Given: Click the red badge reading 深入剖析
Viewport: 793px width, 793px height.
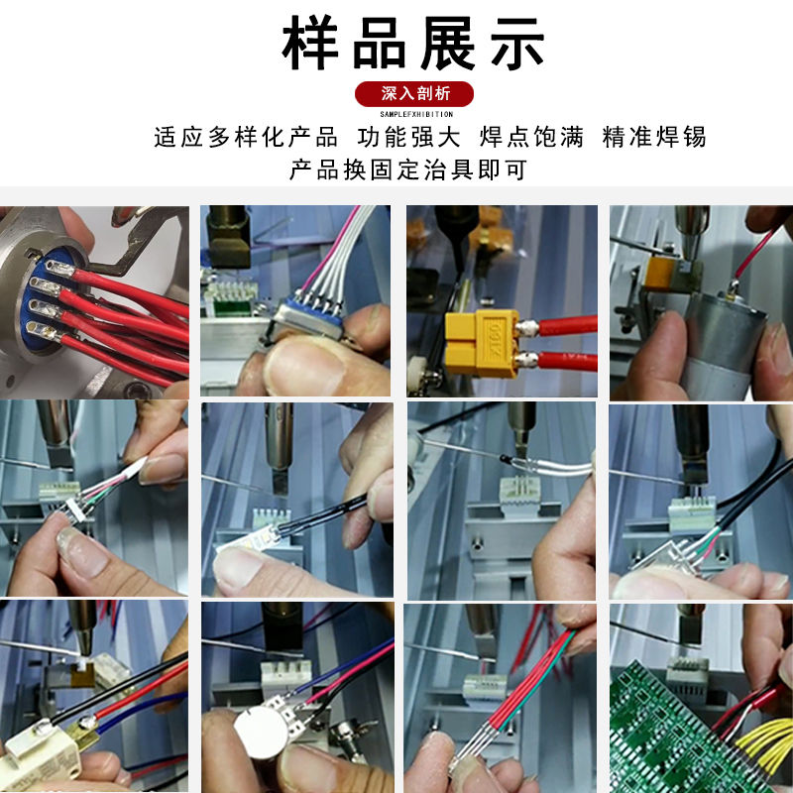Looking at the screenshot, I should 415,93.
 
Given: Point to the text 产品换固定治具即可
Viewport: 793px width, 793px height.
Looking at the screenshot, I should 407,170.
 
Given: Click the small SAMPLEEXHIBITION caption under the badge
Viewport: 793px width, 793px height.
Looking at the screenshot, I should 415,114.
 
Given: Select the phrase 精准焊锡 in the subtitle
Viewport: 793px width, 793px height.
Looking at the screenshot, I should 654,137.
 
